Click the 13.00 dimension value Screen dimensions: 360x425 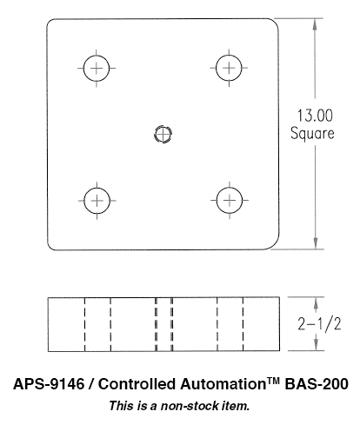[x=315, y=116]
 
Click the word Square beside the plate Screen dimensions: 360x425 [x=312, y=134]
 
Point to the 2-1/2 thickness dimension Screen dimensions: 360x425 [x=319, y=323]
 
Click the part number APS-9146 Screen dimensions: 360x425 [x=49, y=384]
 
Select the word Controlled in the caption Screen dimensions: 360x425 [x=137, y=384]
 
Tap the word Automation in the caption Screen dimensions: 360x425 [x=223, y=384]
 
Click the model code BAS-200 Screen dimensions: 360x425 [x=317, y=384]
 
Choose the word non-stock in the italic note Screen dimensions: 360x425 [x=190, y=406]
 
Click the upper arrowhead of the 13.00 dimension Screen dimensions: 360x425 [x=315, y=24]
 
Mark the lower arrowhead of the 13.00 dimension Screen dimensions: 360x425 [x=316, y=243]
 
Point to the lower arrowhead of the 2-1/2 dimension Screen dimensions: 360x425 [x=317, y=345]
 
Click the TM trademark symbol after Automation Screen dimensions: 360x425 [x=273, y=381]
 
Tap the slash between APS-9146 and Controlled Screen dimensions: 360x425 [x=91, y=384]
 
